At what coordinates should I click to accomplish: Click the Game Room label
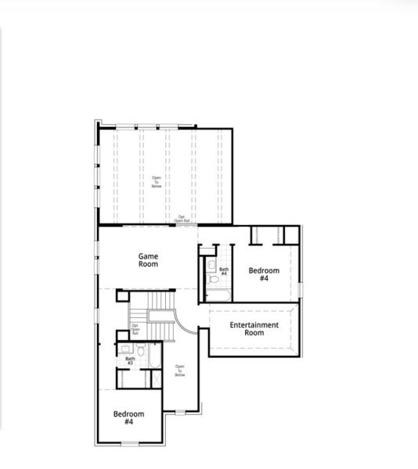149,260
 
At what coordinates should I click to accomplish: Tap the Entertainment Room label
254,328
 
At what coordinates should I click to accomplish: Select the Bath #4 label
224,271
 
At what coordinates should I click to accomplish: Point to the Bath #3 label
130,361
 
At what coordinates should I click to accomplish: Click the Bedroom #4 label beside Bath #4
264,274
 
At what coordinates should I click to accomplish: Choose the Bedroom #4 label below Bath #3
128,417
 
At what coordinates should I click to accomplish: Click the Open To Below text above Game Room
157,182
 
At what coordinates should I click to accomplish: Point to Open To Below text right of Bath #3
180,371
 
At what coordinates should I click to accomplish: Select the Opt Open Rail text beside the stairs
135,329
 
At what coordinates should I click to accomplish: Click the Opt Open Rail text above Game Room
182,219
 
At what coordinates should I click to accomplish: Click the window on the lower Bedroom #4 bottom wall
130,443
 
